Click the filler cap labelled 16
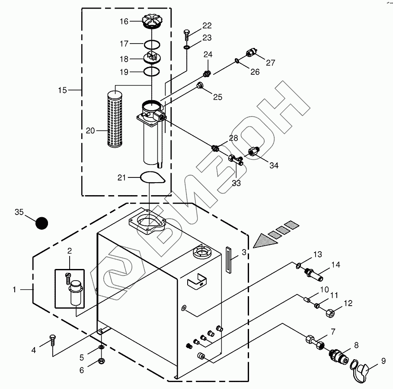[x=152, y=21]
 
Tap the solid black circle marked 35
[x=42, y=223]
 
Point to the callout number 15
[x=62, y=90]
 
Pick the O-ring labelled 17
[x=152, y=45]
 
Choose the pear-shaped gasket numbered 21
[x=152, y=177]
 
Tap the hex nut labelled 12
[x=331, y=313]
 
